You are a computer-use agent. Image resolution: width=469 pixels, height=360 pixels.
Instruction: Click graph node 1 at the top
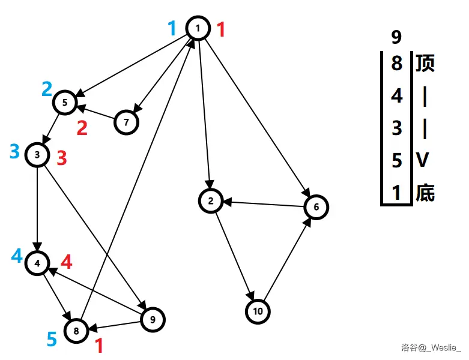(198, 28)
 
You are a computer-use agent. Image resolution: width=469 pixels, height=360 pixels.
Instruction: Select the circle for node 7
(126, 122)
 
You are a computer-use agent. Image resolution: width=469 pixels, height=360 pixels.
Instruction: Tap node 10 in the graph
(258, 311)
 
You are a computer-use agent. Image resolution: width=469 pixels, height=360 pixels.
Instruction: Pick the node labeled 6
(316, 207)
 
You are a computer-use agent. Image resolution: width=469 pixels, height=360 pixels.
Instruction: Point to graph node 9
(152, 319)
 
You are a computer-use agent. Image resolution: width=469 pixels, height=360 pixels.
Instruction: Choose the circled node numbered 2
(211, 201)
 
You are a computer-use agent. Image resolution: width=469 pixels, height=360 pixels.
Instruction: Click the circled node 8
(76, 330)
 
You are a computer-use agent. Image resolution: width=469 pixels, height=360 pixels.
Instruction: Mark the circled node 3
(37, 155)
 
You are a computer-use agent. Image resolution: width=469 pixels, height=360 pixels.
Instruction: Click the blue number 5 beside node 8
(52, 340)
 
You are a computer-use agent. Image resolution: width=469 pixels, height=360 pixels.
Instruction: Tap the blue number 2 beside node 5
(47, 89)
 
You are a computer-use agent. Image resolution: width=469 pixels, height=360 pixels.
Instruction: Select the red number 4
(67, 262)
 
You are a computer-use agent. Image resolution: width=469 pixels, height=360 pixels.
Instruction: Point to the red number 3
(62, 158)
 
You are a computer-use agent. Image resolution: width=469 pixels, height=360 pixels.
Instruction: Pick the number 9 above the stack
(396, 38)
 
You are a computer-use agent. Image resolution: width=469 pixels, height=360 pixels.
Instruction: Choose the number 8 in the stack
(396, 63)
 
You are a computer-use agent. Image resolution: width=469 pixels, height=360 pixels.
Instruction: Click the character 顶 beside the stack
(425, 63)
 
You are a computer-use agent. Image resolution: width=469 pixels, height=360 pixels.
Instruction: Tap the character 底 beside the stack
(425, 193)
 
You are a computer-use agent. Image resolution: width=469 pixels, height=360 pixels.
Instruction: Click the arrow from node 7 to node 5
(96, 112)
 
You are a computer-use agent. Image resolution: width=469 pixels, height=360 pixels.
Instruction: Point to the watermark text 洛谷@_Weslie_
(431, 347)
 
